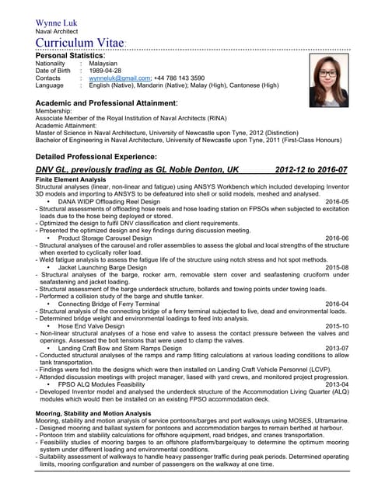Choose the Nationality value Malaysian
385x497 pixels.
click(x=104, y=64)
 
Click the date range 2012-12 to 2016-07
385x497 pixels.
click(x=311, y=169)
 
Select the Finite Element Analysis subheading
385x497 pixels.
click(x=71, y=179)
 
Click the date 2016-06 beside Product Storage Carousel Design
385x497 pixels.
click(x=337, y=238)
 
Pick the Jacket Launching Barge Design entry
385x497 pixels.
click(x=106, y=266)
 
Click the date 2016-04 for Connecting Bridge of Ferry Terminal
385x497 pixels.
click(x=337, y=304)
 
